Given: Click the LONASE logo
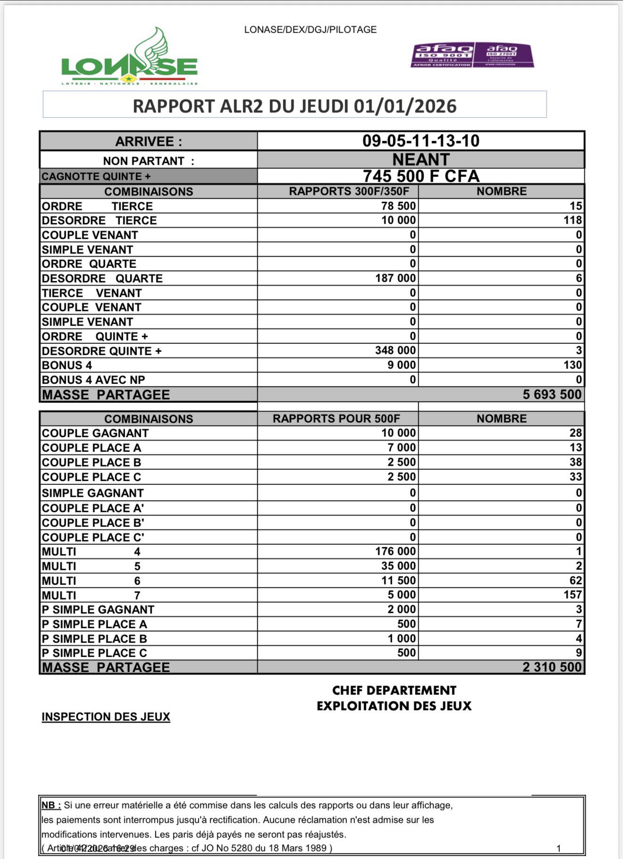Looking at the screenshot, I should point(129,59).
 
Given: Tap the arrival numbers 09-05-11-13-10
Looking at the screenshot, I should point(421,141).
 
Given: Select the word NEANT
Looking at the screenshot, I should point(421,159).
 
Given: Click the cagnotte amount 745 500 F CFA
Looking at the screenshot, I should point(421,176).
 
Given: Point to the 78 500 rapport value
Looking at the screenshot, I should point(398,206).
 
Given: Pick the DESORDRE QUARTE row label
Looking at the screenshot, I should point(102,278).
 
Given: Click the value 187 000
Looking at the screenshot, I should point(396,278).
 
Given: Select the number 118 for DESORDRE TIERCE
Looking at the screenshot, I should point(572,220).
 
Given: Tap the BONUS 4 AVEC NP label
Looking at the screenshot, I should point(93,380).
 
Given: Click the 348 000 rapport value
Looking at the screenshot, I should point(396,350).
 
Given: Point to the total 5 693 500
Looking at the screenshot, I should point(552,394).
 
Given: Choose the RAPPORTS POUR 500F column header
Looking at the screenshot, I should point(336,418).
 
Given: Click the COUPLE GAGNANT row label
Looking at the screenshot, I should point(95,433).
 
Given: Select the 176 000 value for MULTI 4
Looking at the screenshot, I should point(396,551).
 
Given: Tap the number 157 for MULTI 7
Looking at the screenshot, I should point(572,594).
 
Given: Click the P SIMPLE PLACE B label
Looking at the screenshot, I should point(94,639).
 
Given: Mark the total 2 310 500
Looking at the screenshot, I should point(552,667).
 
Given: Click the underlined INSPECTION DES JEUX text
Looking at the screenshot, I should point(106,717).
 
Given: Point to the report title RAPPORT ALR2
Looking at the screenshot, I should point(295,106).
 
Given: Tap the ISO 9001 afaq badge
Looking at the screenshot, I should point(442,55).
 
